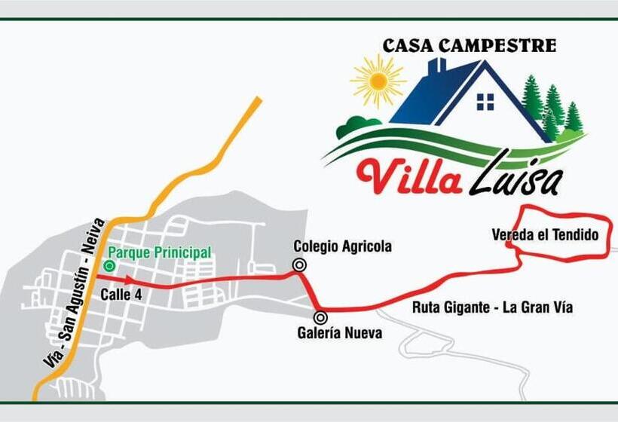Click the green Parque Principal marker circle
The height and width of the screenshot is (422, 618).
pos(110,265)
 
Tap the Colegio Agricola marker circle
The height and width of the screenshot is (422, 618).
pos(300,264)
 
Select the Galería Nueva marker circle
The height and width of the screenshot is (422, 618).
pos(320,317)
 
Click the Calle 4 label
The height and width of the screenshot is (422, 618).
pos(121,295)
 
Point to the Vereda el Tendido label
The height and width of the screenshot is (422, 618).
pos(545,235)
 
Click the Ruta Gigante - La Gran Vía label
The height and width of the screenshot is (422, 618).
pos(492,307)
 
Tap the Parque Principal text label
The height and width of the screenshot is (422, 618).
pos(159,252)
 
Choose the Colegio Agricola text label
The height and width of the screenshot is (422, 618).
pos(342,246)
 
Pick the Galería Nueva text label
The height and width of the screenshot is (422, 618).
pos(340,333)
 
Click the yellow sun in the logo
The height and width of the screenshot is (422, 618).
pos(378,81)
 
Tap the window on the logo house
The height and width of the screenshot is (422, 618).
pos(485,102)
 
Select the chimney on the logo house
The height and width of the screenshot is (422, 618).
pos(437,68)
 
